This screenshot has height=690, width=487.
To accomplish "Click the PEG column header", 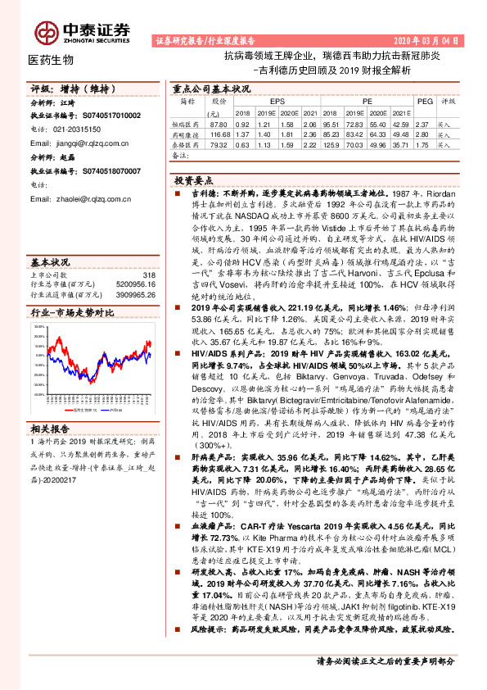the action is click(x=425, y=101).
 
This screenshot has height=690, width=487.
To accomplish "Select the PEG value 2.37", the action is click(x=421, y=123).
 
